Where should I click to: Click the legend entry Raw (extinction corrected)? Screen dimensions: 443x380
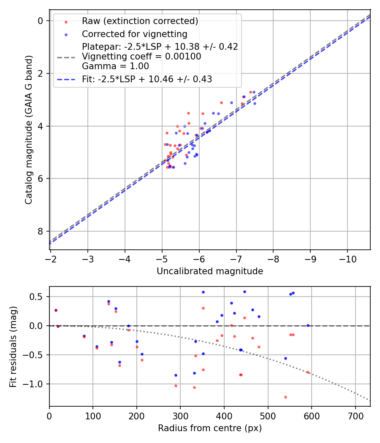[140, 21]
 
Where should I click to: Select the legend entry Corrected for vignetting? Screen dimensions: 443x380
[134, 34]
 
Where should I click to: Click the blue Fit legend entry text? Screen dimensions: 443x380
[147, 79]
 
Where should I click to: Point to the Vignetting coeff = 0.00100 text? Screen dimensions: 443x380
[141, 56]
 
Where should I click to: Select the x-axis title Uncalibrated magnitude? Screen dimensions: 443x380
[210, 271]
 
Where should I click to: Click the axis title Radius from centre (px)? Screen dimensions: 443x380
[210, 428]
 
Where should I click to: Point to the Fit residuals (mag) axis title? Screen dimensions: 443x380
[13, 346]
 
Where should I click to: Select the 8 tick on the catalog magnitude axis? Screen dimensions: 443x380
[41, 231]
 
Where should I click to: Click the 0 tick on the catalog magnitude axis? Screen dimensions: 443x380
[41, 21]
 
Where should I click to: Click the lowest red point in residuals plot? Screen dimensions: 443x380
[285, 397]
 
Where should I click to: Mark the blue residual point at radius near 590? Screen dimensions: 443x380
[308, 325]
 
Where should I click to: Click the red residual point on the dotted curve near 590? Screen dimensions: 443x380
[308, 372]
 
